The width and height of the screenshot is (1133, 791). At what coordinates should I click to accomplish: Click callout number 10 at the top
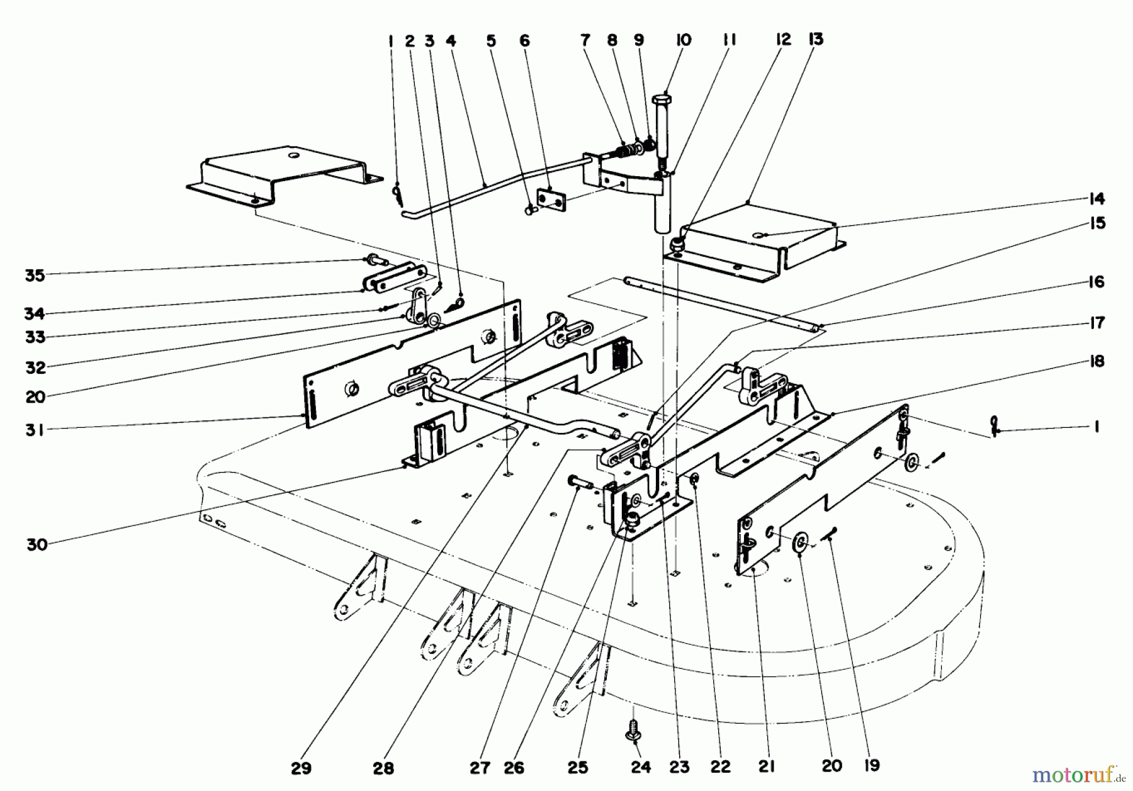point(683,40)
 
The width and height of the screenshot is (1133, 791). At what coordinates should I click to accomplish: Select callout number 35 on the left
point(35,275)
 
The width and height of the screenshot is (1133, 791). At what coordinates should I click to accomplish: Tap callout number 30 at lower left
point(37,544)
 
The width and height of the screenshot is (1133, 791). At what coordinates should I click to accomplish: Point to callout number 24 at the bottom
point(641,768)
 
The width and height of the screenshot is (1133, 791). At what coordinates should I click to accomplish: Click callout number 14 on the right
point(1096,199)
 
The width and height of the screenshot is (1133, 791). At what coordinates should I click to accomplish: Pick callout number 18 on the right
point(1096,361)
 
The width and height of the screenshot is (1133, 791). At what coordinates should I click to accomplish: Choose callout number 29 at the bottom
point(301,768)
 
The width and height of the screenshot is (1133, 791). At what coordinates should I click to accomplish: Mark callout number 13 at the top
point(815,39)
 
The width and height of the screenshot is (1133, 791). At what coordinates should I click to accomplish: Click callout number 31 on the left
point(35,430)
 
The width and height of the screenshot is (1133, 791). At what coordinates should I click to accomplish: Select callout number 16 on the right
point(1096,282)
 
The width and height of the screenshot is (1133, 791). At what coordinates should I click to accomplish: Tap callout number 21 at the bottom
point(767,766)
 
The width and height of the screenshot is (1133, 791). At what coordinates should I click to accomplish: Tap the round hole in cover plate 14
point(762,235)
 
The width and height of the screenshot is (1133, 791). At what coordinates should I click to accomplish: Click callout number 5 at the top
point(491,41)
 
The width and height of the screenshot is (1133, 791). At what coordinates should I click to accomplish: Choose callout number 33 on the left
point(35,337)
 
